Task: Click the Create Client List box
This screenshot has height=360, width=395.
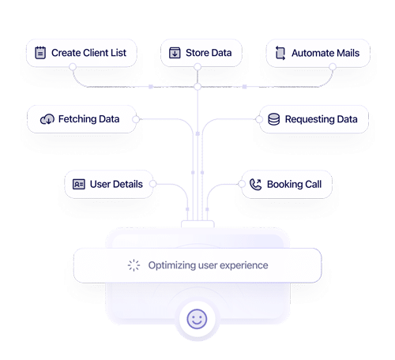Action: pos(81,54)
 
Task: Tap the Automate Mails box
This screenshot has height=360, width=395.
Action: pos(318,54)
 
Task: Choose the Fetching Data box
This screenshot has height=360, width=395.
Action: pos(81,119)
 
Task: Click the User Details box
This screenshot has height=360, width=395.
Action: pos(108,184)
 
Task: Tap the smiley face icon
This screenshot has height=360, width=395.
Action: pos(197,319)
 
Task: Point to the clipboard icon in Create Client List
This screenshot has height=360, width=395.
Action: pos(40,54)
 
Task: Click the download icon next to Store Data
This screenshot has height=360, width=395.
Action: pos(175,54)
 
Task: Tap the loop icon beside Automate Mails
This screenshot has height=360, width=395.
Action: pos(280,54)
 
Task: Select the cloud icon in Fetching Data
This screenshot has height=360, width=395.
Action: pos(46,119)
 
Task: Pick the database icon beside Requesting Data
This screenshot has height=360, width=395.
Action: pos(273,119)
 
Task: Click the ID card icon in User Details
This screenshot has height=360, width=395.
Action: pos(78,184)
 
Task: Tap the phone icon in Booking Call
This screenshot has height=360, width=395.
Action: pos(255,184)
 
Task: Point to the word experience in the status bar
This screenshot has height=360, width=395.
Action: pos(243,265)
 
